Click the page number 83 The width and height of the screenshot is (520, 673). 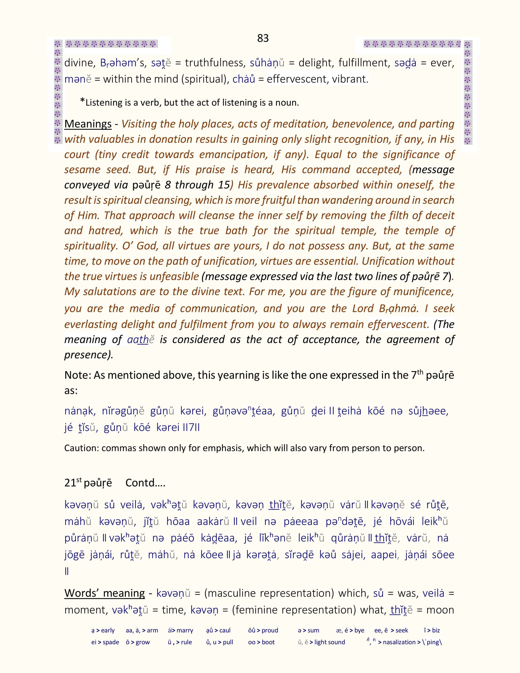(x=263, y=38)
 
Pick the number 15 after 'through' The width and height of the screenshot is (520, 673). (x=224, y=185)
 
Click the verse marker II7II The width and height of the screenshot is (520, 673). (x=191, y=428)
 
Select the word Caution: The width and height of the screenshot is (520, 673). (x=81, y=448)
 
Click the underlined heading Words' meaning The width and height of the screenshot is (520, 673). (x=104, y=593)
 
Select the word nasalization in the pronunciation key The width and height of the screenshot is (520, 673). (x=399, y=642)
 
